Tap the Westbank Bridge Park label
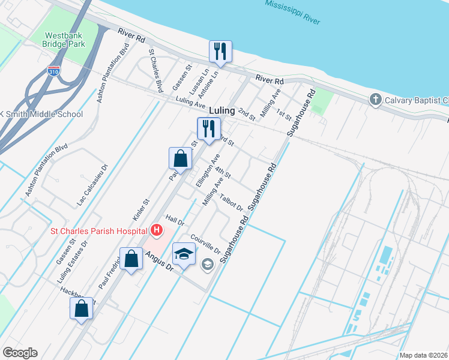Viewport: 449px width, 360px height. tap(64, 39)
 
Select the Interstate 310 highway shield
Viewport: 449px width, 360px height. tap(54, 70)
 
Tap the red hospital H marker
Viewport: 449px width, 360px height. tap(156, 230)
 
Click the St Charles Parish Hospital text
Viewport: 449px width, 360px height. tap(98, 231)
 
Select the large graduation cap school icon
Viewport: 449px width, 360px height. tap(184, 253)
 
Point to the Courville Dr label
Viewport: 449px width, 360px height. tap(208, 242)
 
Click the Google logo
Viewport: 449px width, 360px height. tap(20, 353)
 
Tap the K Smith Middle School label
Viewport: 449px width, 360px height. tap(41, 114)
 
